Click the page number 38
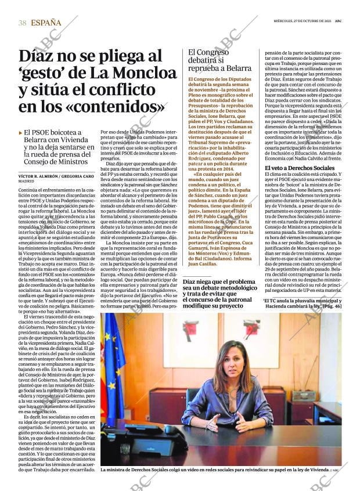click(22, 22)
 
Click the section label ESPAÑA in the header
click(46, 22)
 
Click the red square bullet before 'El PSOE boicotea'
click(20, 133)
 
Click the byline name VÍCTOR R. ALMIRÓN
click(39, 175)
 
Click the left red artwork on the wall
click(190, 331)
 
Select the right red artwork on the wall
click(251, 330)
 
